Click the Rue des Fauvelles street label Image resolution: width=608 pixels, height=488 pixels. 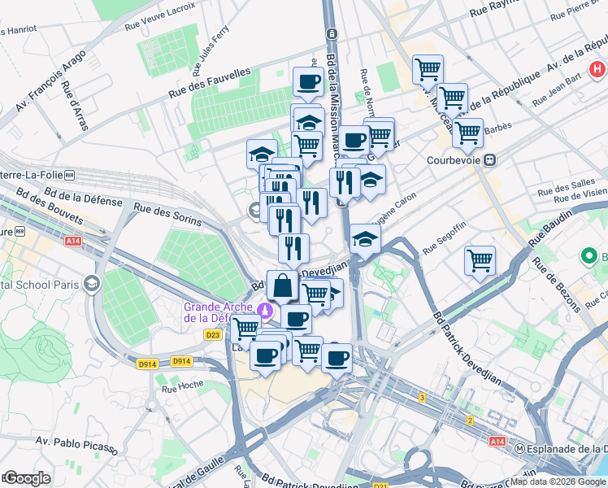[x=210, y=84]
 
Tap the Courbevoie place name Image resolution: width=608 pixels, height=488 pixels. [x=454, y=160]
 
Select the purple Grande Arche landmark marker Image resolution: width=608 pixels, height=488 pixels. [x=264, y=311]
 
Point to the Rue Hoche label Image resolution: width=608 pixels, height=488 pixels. [x=182, y=386]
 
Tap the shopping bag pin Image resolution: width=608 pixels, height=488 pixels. [x=282, y=285]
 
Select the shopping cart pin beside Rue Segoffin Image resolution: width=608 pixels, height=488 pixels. [x=480, y=261]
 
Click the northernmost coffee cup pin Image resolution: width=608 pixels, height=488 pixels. [x=308, y=81]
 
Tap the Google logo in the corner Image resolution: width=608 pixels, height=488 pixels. [x=26, y=478]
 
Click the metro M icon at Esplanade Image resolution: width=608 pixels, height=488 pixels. [x=519, y=447]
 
